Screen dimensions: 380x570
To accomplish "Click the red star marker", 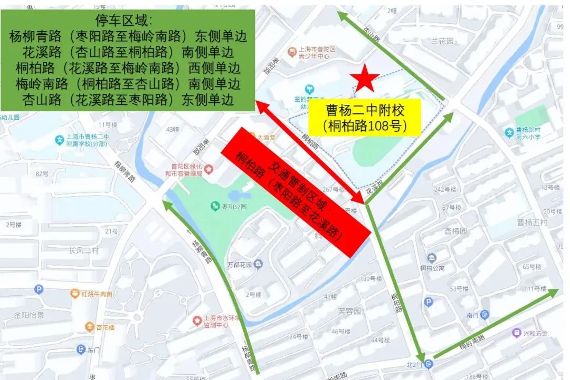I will [x=366, y=79].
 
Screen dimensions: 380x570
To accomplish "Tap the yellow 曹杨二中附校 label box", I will [x=365, y=118].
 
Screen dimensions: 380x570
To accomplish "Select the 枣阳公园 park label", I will [x=235, y=207].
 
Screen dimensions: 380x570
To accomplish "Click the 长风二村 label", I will [x=84, y=250].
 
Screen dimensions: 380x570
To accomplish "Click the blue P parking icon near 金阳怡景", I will [x=39, y=289].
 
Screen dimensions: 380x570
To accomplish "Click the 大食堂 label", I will [x=267, y=137].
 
